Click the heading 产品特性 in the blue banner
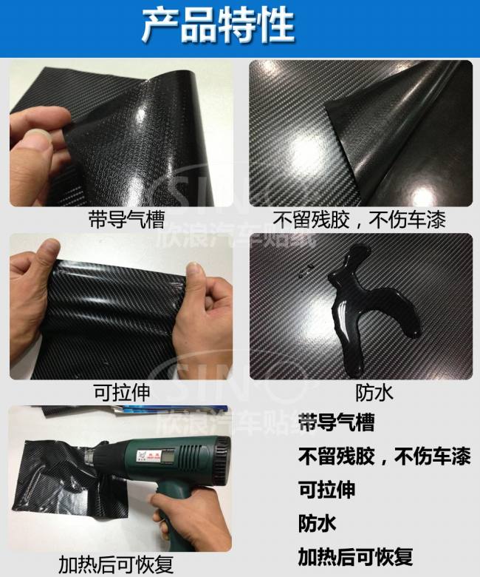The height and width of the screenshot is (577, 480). click(218, 26)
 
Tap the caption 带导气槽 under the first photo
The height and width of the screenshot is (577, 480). click(127, 219)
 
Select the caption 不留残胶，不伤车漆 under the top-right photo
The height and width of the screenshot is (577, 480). click(359, 220)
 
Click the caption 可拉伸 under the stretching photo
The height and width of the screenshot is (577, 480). click(123, 392)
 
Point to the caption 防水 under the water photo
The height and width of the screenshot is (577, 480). click(374, 393)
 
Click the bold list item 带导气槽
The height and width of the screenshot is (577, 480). click(336, 422)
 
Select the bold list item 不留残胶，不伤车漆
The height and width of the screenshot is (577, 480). click(384, 456)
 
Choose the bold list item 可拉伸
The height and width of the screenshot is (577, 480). click(326, 490)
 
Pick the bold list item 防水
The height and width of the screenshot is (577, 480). click(317, 523)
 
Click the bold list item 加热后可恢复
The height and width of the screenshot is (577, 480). click(355, 556)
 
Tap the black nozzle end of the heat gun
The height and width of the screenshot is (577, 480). click(223, 456)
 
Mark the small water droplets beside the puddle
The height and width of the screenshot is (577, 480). click(306, 271)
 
